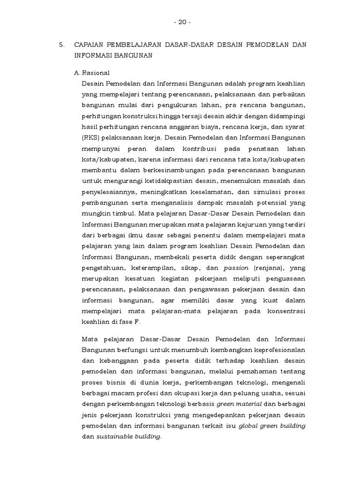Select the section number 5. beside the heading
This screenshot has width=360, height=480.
(61, 45)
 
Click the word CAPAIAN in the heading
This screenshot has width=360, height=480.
(89, 45)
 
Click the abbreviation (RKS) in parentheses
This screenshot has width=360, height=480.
(91, 138)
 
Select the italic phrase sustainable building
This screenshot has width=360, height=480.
(129, 436)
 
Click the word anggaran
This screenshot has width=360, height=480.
(176, 127)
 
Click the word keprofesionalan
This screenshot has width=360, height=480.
(276, 350)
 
